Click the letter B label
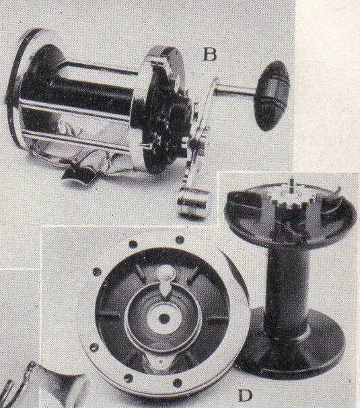click(210, 55)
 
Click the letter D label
click(246, 396)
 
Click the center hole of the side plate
click(164, 318)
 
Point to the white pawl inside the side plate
click(166, 281)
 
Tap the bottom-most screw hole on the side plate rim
click(178, 383)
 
